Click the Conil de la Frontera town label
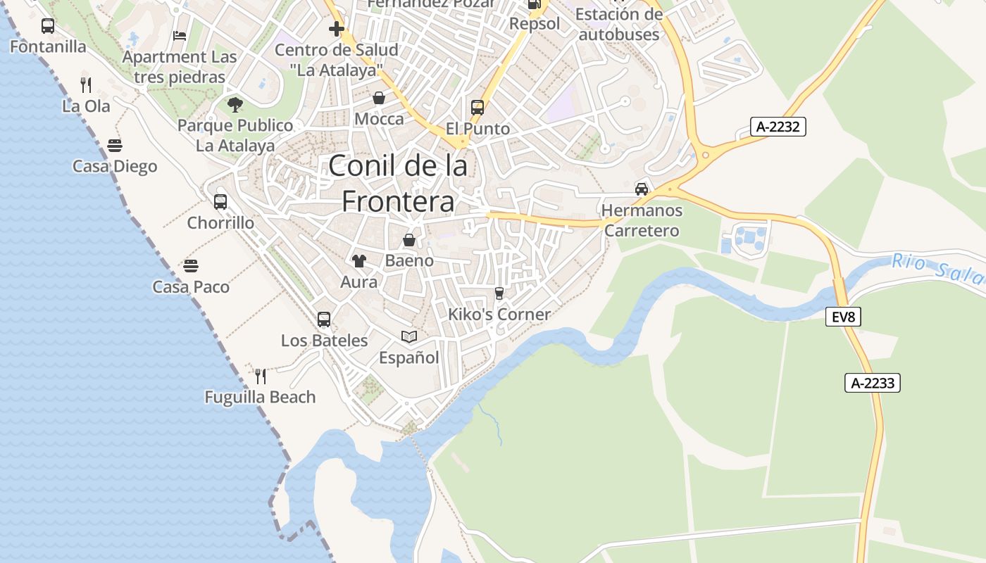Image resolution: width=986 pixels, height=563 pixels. (398, 184)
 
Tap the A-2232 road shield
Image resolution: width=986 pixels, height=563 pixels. (778, 127)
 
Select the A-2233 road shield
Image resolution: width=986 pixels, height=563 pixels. (873, 383)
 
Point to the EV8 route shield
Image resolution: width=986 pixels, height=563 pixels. (843, 317)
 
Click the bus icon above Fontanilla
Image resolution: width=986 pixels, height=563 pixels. (48, 26)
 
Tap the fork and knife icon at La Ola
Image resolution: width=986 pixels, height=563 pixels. (86, 85)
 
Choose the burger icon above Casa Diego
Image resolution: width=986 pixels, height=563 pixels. (115, 146)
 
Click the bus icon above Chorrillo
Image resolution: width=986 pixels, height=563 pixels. (220, 202)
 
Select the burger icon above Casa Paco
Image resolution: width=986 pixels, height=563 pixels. (191, 266)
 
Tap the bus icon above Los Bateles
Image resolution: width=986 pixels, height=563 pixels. (324, 320)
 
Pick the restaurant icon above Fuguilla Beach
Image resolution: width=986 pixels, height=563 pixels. (261, 377)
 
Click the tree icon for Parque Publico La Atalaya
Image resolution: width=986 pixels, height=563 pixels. (235, 105)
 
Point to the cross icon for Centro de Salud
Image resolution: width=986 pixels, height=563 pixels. (337, 29)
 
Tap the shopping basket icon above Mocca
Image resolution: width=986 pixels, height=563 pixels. (379, 98)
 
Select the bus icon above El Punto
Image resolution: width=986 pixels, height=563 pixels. (478, 108)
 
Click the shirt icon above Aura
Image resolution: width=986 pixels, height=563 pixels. (359, 261)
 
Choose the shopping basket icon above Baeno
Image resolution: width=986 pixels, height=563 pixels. (409, 240)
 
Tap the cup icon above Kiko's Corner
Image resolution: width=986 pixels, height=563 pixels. (499, 293)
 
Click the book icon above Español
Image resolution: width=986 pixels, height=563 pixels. (409, 336)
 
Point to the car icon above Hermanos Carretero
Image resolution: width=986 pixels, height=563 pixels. (642, 189)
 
